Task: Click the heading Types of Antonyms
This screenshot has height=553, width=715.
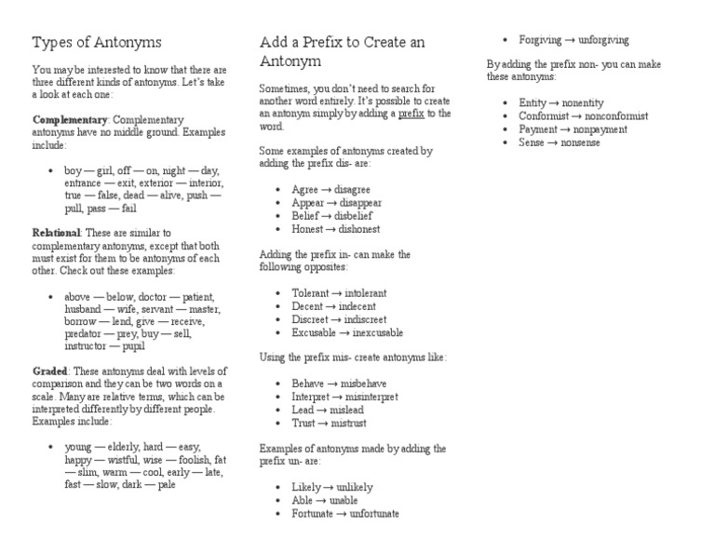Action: (x=97, y=43)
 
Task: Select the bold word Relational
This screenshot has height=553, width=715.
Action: (x=57, y=232)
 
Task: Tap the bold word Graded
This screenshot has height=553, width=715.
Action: (x=50, y=371)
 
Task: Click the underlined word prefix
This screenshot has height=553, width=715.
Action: (x=411, y=114)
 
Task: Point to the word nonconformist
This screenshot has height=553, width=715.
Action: (x=610, y=116)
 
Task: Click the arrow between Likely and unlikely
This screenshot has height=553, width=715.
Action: (x=328, y=487)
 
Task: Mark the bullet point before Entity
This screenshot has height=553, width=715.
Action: (x=504, y=103)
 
